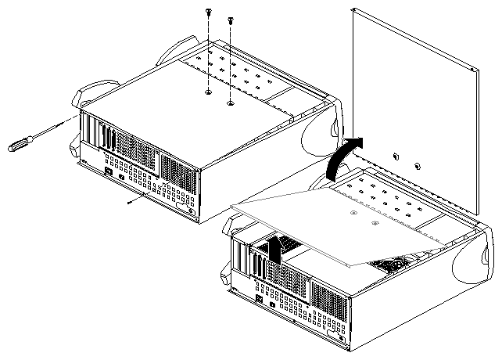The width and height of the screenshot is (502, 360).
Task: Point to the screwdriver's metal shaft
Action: (55, 128)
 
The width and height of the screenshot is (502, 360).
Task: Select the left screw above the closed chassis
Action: (208, 13)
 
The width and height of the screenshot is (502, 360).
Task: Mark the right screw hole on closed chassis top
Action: (230, 101)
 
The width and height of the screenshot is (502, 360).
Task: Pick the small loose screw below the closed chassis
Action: (130, 201)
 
